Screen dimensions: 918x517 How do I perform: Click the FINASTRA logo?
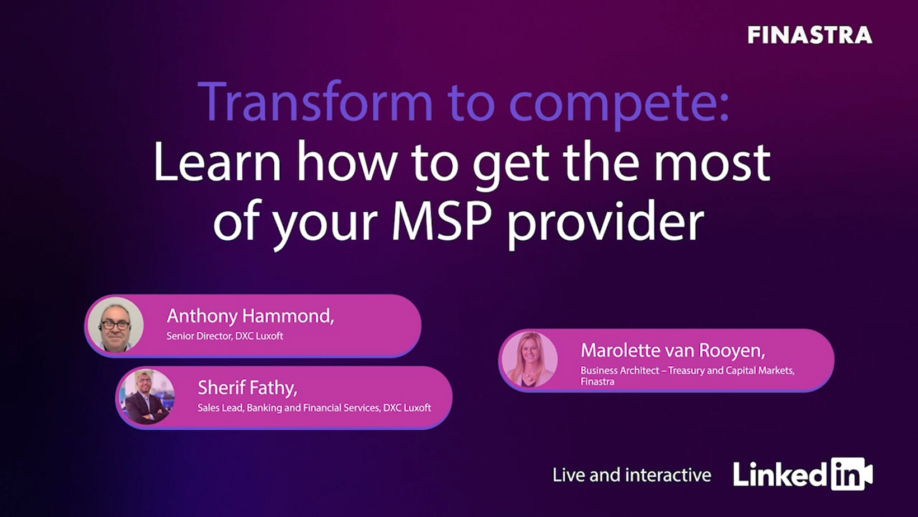click(810, 35)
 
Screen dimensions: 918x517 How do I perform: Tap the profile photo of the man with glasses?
click(116, 325)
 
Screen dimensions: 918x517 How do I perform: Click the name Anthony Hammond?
click(250, 316)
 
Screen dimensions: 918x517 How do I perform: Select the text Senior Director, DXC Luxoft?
click(224, 336)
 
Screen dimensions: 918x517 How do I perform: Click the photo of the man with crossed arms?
click(147, 397)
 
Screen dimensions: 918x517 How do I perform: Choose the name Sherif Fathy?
click(247, 388)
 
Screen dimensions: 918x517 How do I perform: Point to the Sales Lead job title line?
click(315, 408)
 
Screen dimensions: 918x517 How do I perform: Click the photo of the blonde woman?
click(530, 359)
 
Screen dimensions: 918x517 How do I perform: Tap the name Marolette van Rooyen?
click(673, 351)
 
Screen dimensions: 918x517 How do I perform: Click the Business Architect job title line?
click(688, 371)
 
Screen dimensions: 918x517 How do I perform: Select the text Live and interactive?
click(632, 476)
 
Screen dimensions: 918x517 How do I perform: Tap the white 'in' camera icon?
click(851, 474)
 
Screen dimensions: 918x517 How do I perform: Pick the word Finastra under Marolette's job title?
click(597, 381)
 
